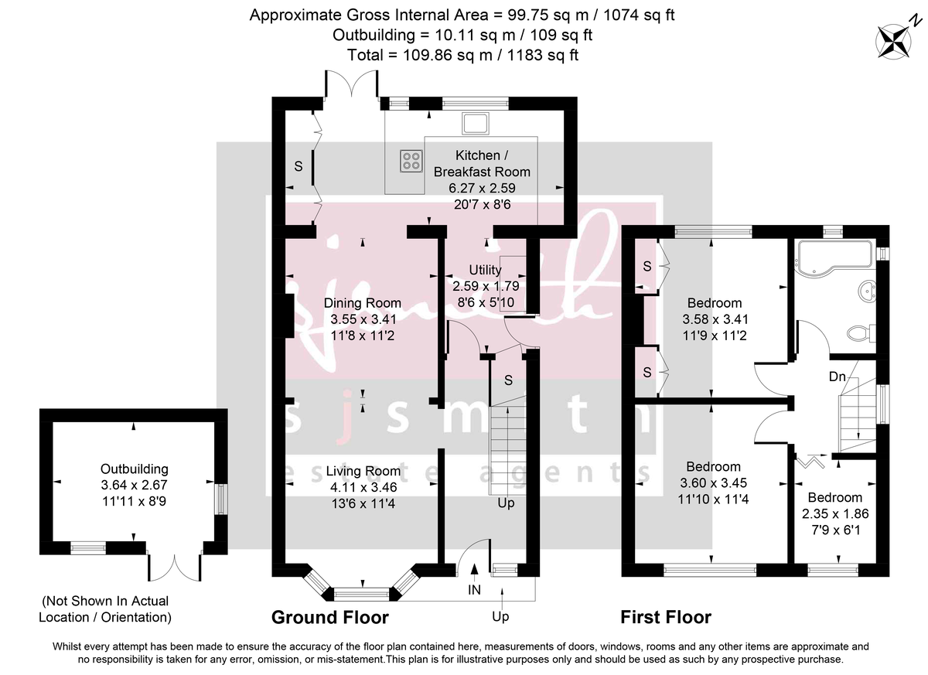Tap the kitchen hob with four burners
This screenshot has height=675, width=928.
point(411,160)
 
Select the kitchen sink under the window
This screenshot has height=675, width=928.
point(473,123)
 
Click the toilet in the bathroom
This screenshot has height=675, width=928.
point(859,333)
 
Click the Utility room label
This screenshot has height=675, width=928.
point(485,270)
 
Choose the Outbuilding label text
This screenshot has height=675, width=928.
point(135,469)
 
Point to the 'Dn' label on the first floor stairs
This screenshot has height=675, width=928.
point(838,377)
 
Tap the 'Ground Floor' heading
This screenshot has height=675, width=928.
point(329,617)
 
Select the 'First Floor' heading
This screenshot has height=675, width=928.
point(666,617)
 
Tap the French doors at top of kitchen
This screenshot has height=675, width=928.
point(353,83)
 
